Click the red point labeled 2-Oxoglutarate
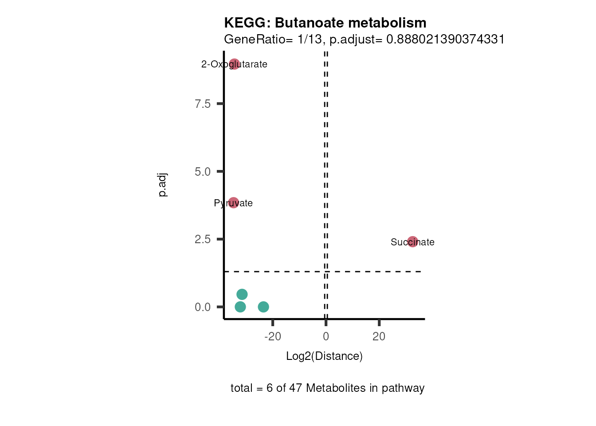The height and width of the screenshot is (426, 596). coord(235,64)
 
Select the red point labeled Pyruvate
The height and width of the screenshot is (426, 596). coord(233,203)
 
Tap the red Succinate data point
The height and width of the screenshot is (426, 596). coord(412,242)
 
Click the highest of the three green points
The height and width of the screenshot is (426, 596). coord(242,294)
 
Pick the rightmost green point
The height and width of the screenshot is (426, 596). coord(263,307)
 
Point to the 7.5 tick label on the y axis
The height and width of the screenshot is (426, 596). coord(203,104)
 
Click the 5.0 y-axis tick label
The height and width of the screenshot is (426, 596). coord(203,172)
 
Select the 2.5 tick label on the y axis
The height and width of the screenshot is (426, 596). coord(203,239)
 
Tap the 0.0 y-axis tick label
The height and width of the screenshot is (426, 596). coord(203,307)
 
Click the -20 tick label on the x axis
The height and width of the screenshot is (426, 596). coord(273,337)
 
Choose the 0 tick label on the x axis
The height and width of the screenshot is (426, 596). coord(326,337)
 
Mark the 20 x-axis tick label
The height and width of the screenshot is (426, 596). coord(379,337)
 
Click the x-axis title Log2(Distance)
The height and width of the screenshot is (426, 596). coord(324,356)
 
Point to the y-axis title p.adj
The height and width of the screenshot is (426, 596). coord(162,185)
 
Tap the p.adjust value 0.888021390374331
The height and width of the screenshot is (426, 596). coord(446,39)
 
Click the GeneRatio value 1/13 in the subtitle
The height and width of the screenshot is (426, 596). coord(310,39)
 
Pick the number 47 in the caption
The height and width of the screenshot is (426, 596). coord(295,388)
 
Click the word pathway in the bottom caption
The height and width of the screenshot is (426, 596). coord(403,388)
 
